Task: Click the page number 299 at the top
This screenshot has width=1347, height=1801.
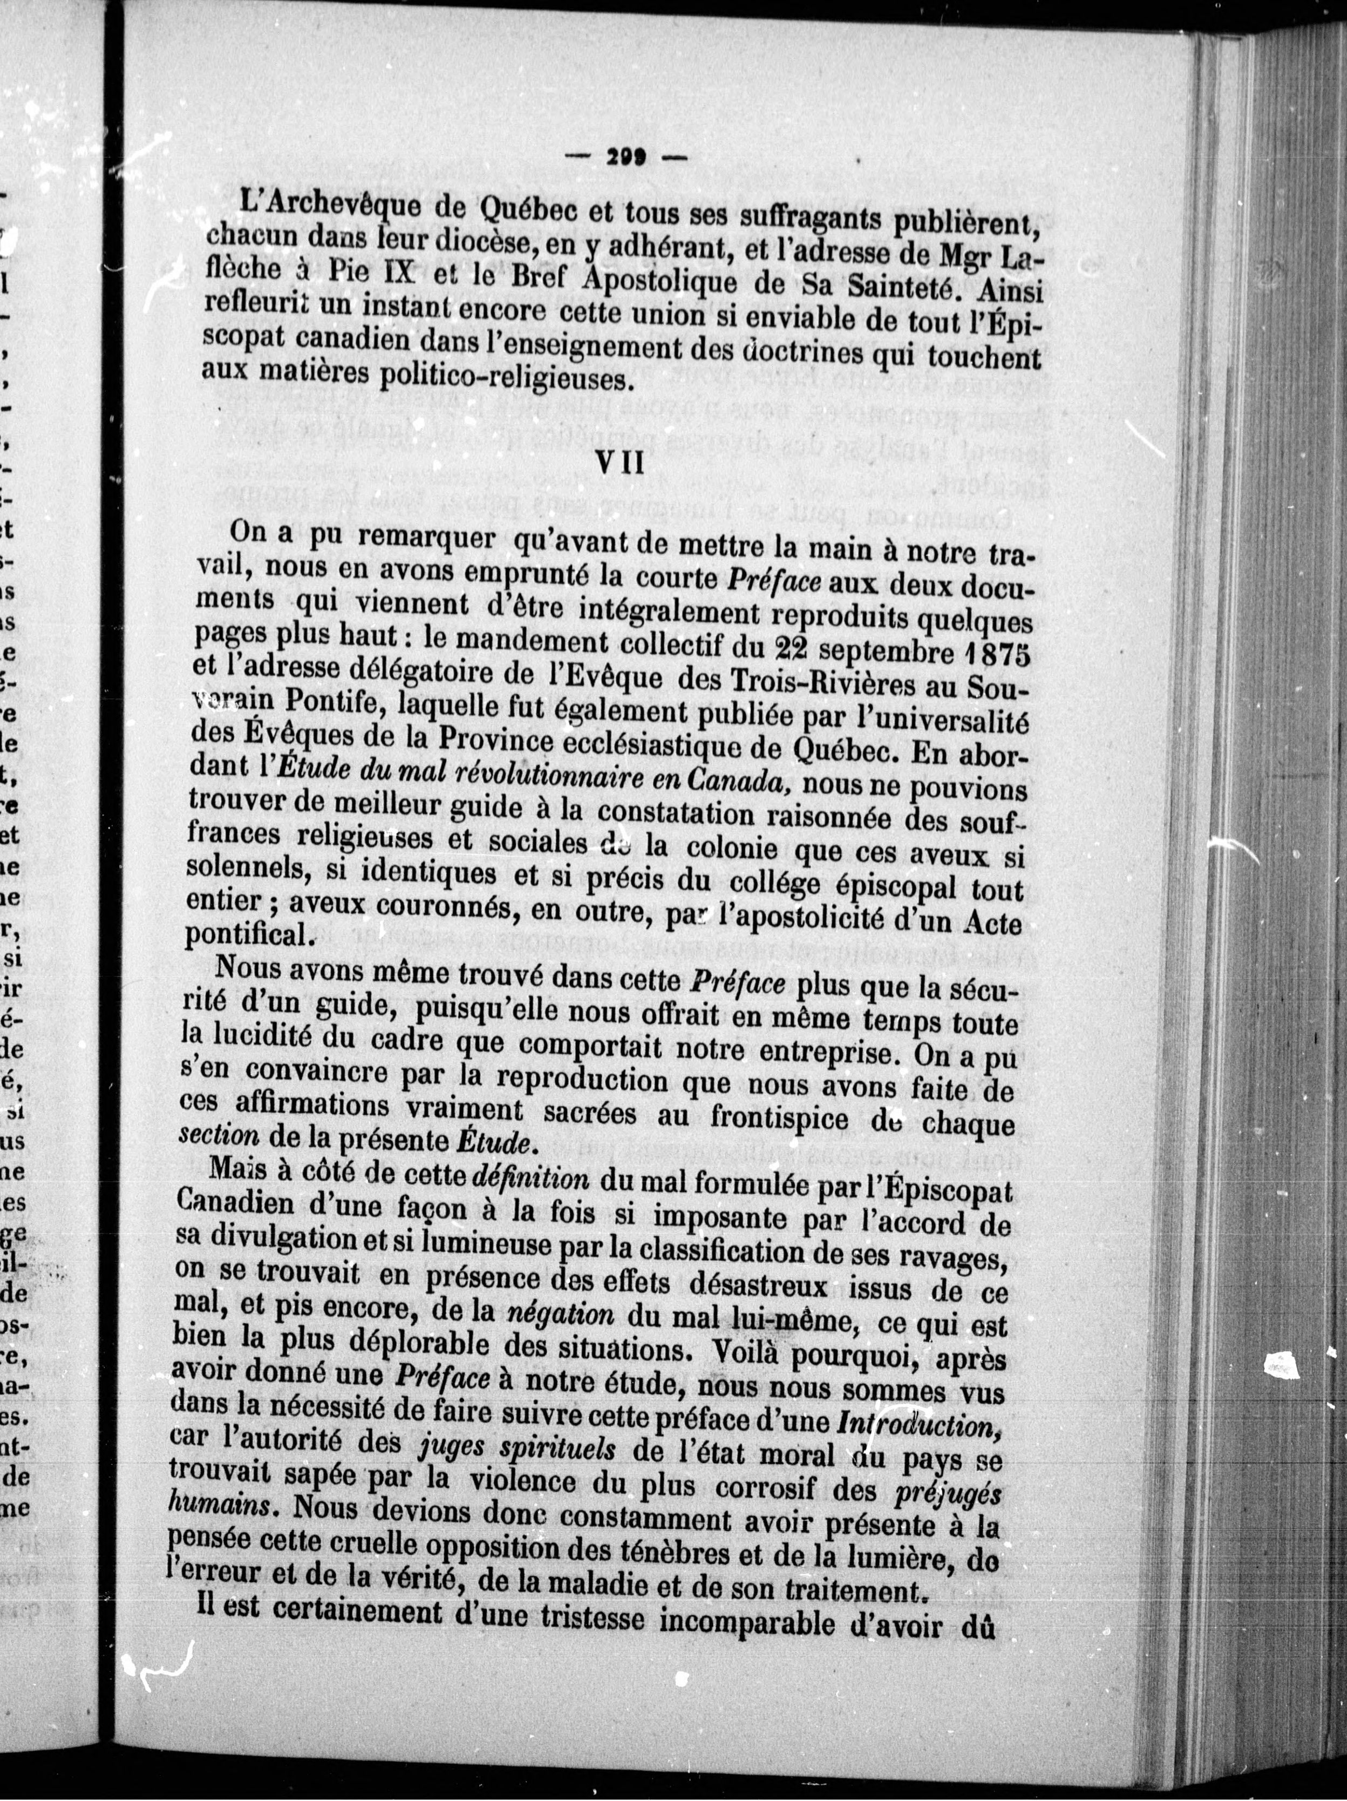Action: pos(625,160)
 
